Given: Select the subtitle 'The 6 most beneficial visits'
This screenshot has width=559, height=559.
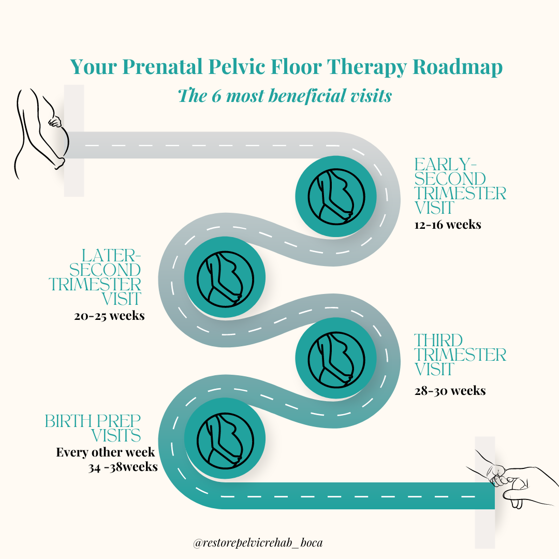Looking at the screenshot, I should [x=284, y=95].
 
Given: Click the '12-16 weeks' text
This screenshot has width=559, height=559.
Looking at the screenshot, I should [x=448, y=225].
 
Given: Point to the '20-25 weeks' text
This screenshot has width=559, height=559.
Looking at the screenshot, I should [x=109, y=316].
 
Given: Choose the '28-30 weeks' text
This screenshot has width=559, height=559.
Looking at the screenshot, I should [x=450, y=390].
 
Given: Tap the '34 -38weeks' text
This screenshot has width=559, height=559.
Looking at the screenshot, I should [x=123, y=467].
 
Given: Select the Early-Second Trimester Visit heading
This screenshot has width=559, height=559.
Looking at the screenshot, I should [x=460, y=186].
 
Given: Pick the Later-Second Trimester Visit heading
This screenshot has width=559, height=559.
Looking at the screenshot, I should [x=96, y=277].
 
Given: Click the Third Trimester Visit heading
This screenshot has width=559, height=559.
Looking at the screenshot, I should [x=460, y=355].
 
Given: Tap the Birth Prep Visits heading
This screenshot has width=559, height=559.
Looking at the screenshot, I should [x=93, y=428].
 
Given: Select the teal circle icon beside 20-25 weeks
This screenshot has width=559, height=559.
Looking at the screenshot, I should [x=225, y=277].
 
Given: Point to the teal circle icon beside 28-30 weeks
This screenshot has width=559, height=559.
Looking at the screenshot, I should [x=335, y=358].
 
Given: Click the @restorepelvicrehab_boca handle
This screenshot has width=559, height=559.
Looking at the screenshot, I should [x=258, y=543].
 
